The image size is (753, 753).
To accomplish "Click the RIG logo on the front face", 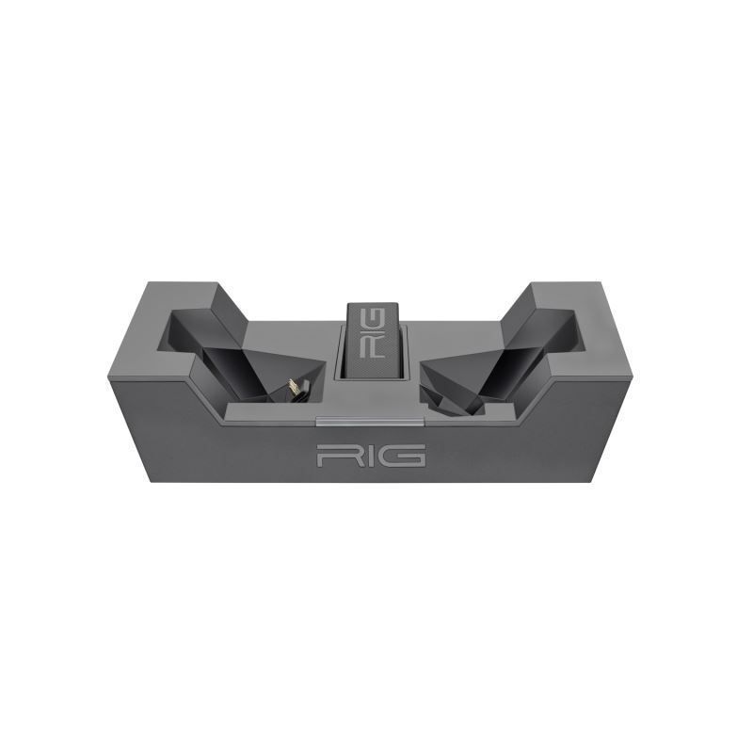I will (x=371, y=456).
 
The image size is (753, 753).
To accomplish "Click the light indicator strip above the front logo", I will (x=370, y=416).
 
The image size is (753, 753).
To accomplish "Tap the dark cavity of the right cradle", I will (x=508, y=362).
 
